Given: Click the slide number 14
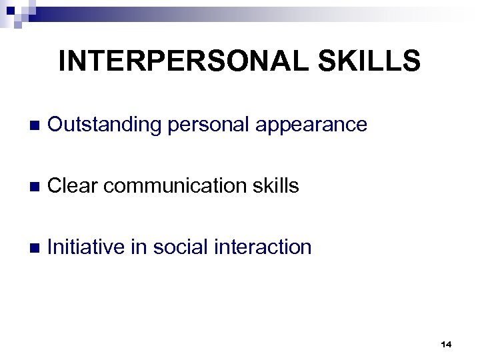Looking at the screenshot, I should [x=446, y=345].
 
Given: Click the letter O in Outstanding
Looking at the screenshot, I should [x=57, y=125].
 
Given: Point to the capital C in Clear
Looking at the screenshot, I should [x=56, y=186].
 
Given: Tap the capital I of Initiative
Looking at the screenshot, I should [x=51, y=247].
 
